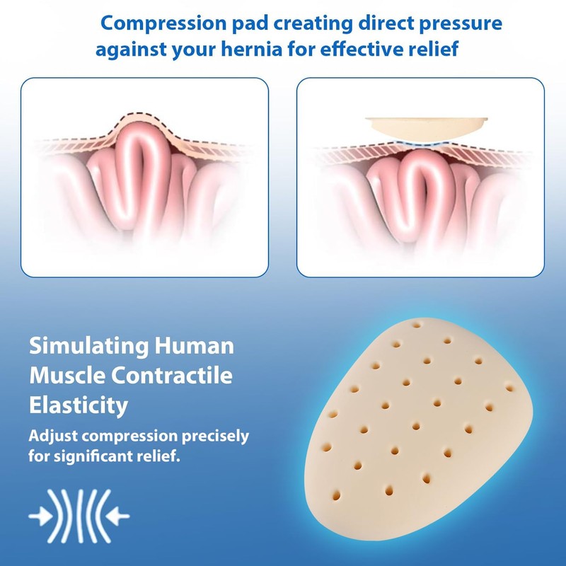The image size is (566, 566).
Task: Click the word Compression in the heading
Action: pos(163,24)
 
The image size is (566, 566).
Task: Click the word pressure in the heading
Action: pos(461,24)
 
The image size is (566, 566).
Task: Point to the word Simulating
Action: pos(88,347)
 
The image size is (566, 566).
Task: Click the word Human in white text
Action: pos(194,345)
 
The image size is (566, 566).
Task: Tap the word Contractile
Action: pos(171,376)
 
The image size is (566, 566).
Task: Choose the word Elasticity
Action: pos(79,405)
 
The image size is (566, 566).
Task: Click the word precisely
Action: pos(215,437)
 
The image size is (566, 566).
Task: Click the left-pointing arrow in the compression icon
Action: pos(117,516)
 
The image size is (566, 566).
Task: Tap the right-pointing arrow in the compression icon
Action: pos(40,516)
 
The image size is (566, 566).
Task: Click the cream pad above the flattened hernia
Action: pos(427,129)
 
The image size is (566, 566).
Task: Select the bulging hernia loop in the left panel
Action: pos(141,173)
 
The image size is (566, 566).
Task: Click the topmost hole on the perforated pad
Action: pos(416,325)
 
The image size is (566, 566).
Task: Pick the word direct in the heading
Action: pos(386,24)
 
